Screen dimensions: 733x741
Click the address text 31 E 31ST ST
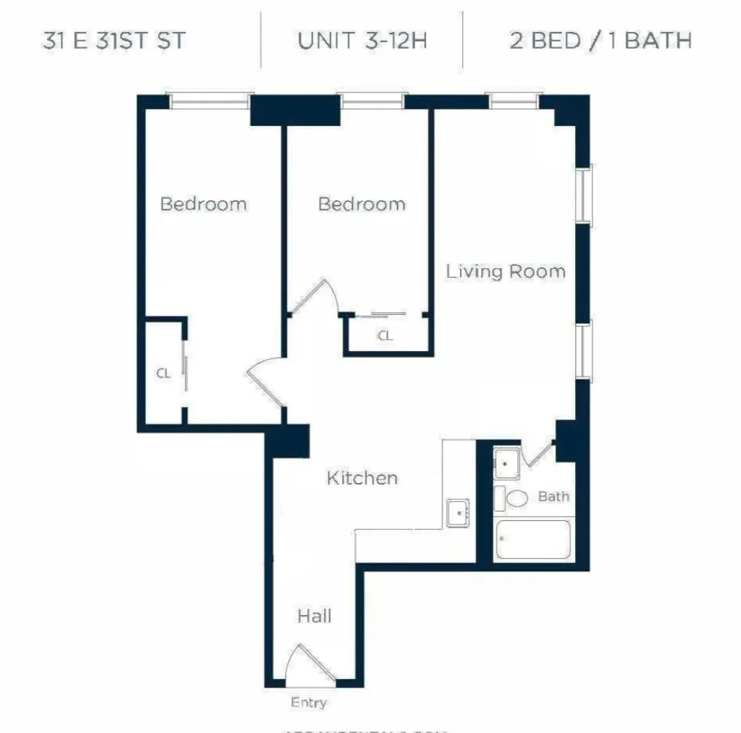coord(114,40)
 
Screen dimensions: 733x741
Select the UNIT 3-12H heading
coord(362,40)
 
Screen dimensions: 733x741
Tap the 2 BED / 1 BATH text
coord(600,40)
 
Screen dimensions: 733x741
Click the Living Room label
coord(505,272)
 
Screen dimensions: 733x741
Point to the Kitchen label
coord(362,478)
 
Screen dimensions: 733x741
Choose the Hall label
coord(314,616)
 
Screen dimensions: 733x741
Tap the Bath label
coord(553,497)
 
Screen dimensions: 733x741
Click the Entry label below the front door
coord(309,703)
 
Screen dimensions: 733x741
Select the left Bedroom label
coord(203,203)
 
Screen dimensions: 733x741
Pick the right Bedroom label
coord(362,203)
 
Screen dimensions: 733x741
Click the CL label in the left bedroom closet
coord(163,373)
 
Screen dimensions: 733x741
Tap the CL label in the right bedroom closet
coord(384,336)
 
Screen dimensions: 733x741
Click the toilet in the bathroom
coord(515,499)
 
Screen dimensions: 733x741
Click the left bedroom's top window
coord(211,101)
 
